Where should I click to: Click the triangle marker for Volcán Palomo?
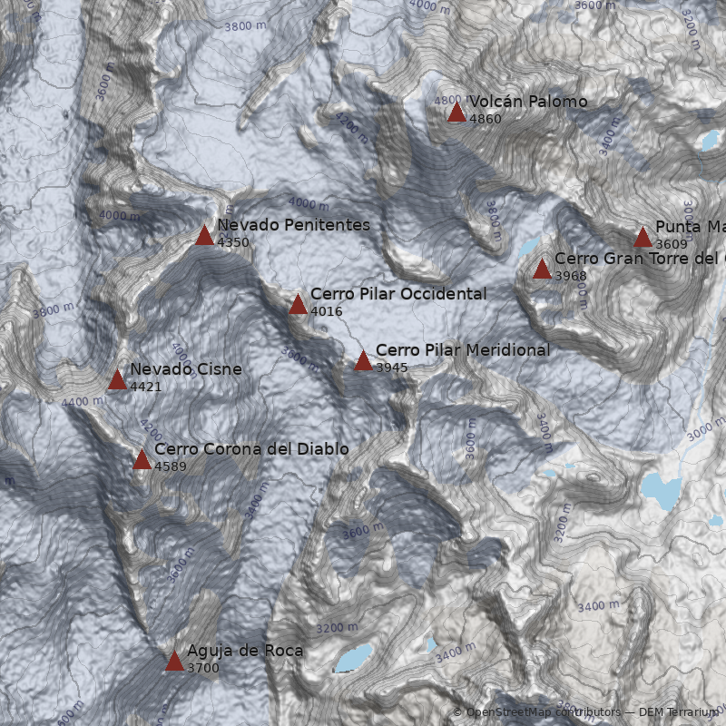tap(456, 113)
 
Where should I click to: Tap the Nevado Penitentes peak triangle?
tap(204, 236)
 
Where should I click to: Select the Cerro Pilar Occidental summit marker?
tap(298, 305)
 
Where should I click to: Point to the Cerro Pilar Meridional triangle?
tap(363, 361)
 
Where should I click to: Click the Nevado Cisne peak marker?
tap(117, 380)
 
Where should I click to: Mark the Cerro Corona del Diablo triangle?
tap(142, 460)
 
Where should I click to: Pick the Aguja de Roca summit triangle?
tap(174, 662)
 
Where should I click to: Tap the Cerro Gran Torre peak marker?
tap(542, 270)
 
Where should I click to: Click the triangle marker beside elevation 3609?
tap(643, 238)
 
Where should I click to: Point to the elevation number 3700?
tap(203, 668)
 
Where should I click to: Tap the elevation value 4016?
tap(327, 311)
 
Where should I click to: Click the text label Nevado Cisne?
tap(186, 369)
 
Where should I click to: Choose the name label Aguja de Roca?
tap(245, 651)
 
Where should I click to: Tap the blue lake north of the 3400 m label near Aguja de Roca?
tap(429, 645)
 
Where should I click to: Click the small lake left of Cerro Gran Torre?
tap(527, 247)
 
